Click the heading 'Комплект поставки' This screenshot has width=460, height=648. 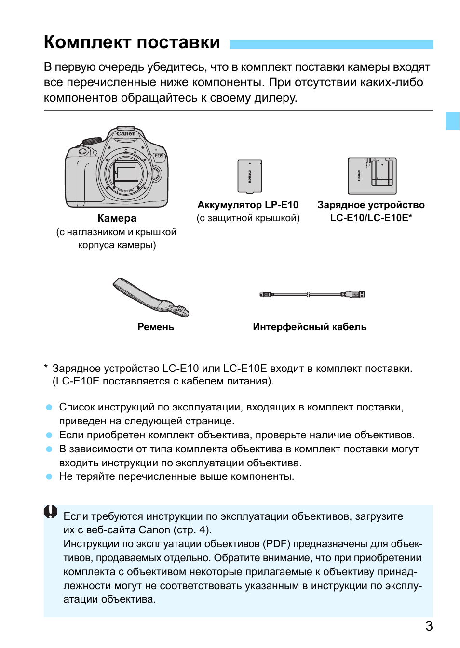click(132, 42)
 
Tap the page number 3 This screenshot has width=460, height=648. click(429, 626)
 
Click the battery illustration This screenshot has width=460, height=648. click(249, 176)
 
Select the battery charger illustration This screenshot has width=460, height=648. click(372, 176)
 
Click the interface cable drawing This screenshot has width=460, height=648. click(312, 294)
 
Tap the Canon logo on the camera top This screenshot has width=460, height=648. click(126, 134)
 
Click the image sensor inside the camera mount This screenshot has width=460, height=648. click(126, 172)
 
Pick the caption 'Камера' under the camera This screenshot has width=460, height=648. click(117, 218)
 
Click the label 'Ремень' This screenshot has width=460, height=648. click(155, 327)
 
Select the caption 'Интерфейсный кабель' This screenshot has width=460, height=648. click(310, 327)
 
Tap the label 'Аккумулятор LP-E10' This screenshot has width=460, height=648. click(248, 205)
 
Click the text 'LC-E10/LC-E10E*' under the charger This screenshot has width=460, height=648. click(371, 218)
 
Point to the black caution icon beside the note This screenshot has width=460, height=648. click(51, 511)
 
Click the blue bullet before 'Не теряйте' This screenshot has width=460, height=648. click(49, 476)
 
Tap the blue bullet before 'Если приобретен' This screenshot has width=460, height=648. click(49, 435)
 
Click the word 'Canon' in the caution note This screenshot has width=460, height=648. click(154, 530)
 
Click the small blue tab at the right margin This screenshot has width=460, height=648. click(452, 121)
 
